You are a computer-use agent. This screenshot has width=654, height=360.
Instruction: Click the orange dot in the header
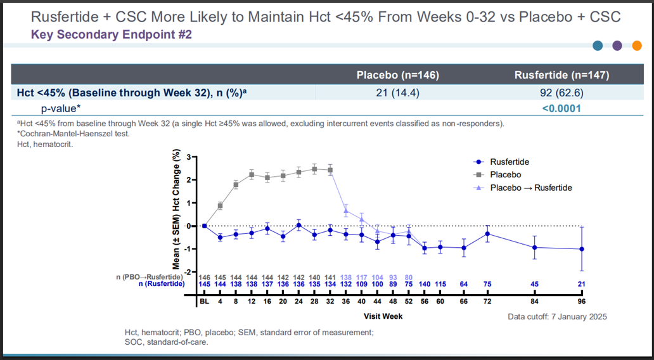click(x=636, y=46)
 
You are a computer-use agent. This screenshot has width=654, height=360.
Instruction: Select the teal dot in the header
click(x=598, y=46)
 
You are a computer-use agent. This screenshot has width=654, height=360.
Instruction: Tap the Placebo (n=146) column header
click(x=397, y=75)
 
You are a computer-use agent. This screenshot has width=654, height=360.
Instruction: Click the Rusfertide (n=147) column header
click(x=561, y=75)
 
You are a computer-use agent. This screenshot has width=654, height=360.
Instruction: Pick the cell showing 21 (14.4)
click(x=397, y=93)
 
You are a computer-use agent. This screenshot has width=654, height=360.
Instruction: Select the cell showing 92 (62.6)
click(x=561, y=93)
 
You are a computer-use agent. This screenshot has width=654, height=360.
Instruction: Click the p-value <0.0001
click(x=561, y=108)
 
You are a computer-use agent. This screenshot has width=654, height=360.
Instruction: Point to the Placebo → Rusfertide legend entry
click(x=523, y=188)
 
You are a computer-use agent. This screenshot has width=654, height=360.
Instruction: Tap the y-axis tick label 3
click(x=188, y=157)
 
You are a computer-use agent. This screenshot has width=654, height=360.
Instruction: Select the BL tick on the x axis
click(x=204, y=301)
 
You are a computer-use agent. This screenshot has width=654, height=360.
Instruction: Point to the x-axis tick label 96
click(x=581, y=301)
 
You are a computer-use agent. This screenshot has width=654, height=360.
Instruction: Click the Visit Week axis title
click(x=383, y=316)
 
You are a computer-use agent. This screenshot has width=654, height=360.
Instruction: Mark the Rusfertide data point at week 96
click(x=581, y=249)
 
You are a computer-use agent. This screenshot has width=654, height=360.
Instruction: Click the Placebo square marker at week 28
click(x=314, y=169)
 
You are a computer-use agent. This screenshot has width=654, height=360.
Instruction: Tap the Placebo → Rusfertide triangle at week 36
click(x=346, y=210)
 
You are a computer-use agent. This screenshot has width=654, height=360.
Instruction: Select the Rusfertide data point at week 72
click(x=487, y=234)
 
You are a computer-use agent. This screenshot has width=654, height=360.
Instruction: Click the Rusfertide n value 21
click(x=581, y=284)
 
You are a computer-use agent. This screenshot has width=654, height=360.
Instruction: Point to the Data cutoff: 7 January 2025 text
click(x=557, y=317)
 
